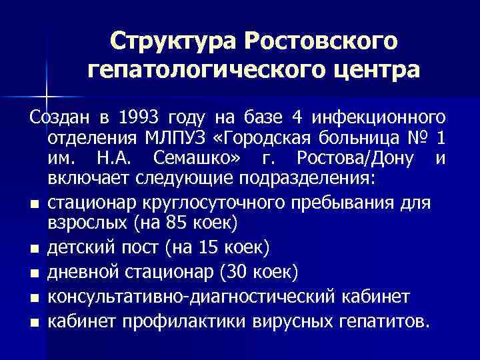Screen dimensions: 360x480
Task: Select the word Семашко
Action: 193,161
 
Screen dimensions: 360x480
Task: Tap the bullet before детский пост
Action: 33,250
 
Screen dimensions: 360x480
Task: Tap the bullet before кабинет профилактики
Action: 33,323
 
